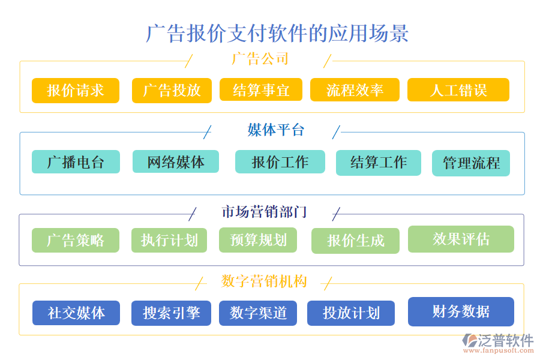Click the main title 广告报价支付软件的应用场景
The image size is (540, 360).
(x=277, y=33)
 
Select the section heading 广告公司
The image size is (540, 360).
(x=260, y=59)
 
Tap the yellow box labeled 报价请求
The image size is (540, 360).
(x=76, y=91)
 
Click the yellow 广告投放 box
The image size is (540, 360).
(x=172, y=91)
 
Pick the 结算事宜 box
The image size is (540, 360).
(x=261, y=90)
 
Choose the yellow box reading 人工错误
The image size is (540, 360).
(x=458, y=91)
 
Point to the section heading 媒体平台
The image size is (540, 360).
(x=276, y=130)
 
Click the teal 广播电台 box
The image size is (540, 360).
(x=76, y=162)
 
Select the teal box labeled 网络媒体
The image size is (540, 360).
(x=176, y=161)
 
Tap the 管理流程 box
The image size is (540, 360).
(x=471, y=163)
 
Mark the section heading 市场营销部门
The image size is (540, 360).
(x=264, y=212)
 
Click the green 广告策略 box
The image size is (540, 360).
(x=76, y=241)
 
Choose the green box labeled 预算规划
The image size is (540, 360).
(x=259, y=240)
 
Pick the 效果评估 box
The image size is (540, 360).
(x=461, y=239)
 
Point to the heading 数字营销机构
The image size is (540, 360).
(x=264, y=281)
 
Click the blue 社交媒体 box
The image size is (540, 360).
(x=76, y=313)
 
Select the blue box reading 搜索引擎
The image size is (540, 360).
(x=172, y=313)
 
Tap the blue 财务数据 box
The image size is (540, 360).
(x=461, y=311)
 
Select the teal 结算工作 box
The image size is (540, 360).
(x=379, y=163)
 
